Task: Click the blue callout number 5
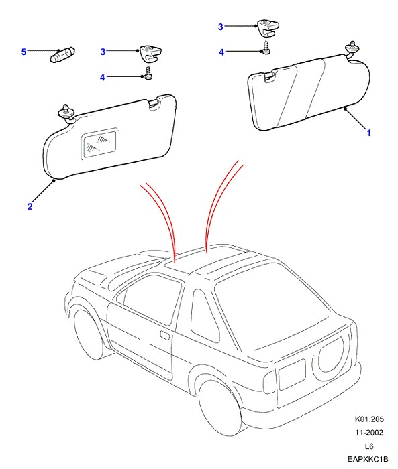23,52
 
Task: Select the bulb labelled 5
62,55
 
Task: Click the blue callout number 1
369,133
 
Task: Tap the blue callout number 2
30,206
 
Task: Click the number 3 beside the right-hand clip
221,27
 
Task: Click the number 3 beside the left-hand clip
103,52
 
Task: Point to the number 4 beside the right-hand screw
221,52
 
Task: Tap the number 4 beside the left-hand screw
103,78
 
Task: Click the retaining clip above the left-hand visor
151,53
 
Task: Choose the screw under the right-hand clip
266,48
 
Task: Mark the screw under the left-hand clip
148,73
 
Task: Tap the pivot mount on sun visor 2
66,113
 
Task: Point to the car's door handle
165,335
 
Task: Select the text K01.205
369,419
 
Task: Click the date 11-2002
369,433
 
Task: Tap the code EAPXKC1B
368,459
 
